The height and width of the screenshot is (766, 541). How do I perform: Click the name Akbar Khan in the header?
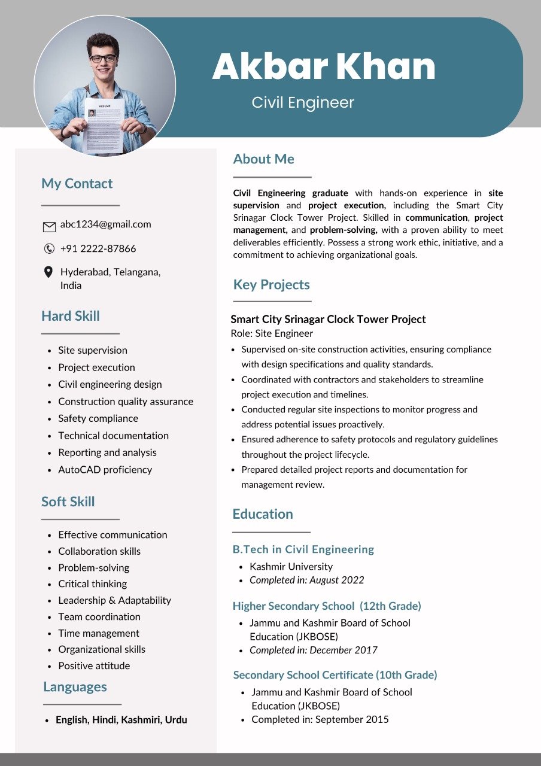324,66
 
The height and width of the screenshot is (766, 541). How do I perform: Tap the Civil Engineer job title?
303,102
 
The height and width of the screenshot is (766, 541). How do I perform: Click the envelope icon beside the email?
49,227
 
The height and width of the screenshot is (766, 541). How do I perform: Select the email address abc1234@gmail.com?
105,224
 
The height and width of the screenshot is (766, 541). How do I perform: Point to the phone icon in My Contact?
49,248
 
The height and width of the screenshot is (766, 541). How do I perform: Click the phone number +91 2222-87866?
98,248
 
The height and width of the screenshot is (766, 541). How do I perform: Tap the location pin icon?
48,272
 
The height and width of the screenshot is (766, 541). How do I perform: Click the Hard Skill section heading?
71,316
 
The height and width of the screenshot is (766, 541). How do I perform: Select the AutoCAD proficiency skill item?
105,470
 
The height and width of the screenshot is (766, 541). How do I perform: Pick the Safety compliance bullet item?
98,418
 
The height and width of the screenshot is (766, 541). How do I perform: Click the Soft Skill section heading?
68,501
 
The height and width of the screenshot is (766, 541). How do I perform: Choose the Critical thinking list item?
93,583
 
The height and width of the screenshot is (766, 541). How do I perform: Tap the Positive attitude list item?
94,665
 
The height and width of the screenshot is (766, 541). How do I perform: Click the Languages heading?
75,686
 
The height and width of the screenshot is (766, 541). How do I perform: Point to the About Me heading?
264,159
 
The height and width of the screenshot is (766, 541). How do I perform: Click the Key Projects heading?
272,285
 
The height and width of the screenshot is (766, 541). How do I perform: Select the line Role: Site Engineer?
272,333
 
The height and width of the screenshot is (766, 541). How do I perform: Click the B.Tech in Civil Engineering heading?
303,549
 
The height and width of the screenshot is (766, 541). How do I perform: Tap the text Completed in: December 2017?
314,650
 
